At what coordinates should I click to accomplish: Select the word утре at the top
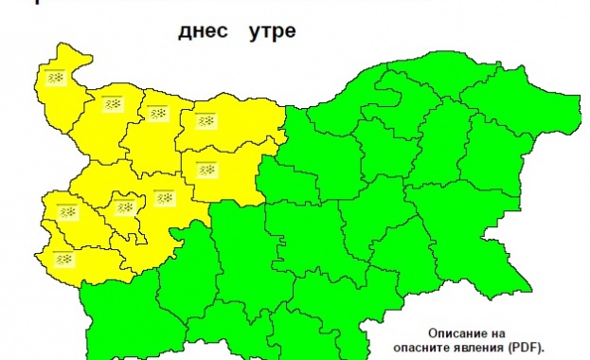point(272,32)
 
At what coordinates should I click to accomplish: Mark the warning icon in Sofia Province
point(163,198)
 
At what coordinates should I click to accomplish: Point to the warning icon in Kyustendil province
point(63,258)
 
